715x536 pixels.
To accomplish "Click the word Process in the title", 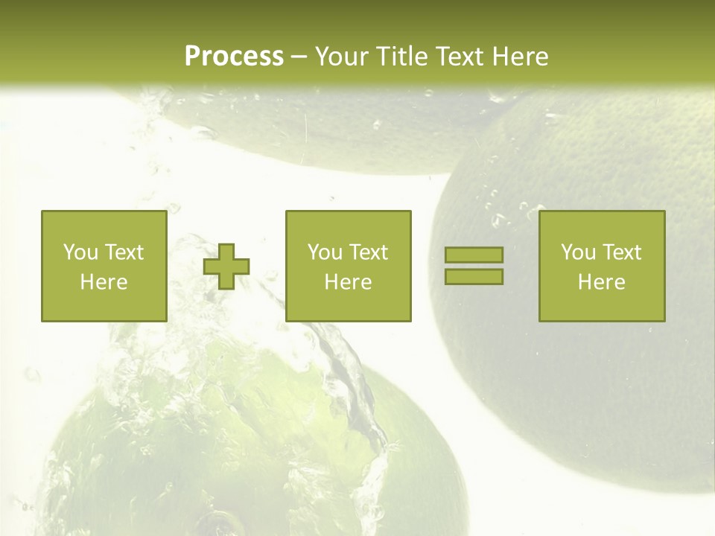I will (234, 57).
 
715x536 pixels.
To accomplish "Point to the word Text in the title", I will (463, 57).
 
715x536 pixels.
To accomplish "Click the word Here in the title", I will (521, 57).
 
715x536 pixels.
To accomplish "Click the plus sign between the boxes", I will (226, 267).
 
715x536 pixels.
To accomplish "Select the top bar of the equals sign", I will (474, 255).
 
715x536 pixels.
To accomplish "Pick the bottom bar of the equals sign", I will (474, 276).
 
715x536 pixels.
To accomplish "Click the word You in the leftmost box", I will (80, 252).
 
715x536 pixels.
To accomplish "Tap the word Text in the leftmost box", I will (123, 252).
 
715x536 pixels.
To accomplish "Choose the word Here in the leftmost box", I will (104, 282).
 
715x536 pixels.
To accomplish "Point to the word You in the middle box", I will (325, 252).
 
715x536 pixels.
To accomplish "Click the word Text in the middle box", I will (368, 252).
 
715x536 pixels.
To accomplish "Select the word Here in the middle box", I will (348, 282).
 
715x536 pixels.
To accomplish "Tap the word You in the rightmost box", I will (578, 252).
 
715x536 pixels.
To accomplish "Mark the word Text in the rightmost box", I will (621, 252).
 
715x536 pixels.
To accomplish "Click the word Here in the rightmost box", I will (601, 282).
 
